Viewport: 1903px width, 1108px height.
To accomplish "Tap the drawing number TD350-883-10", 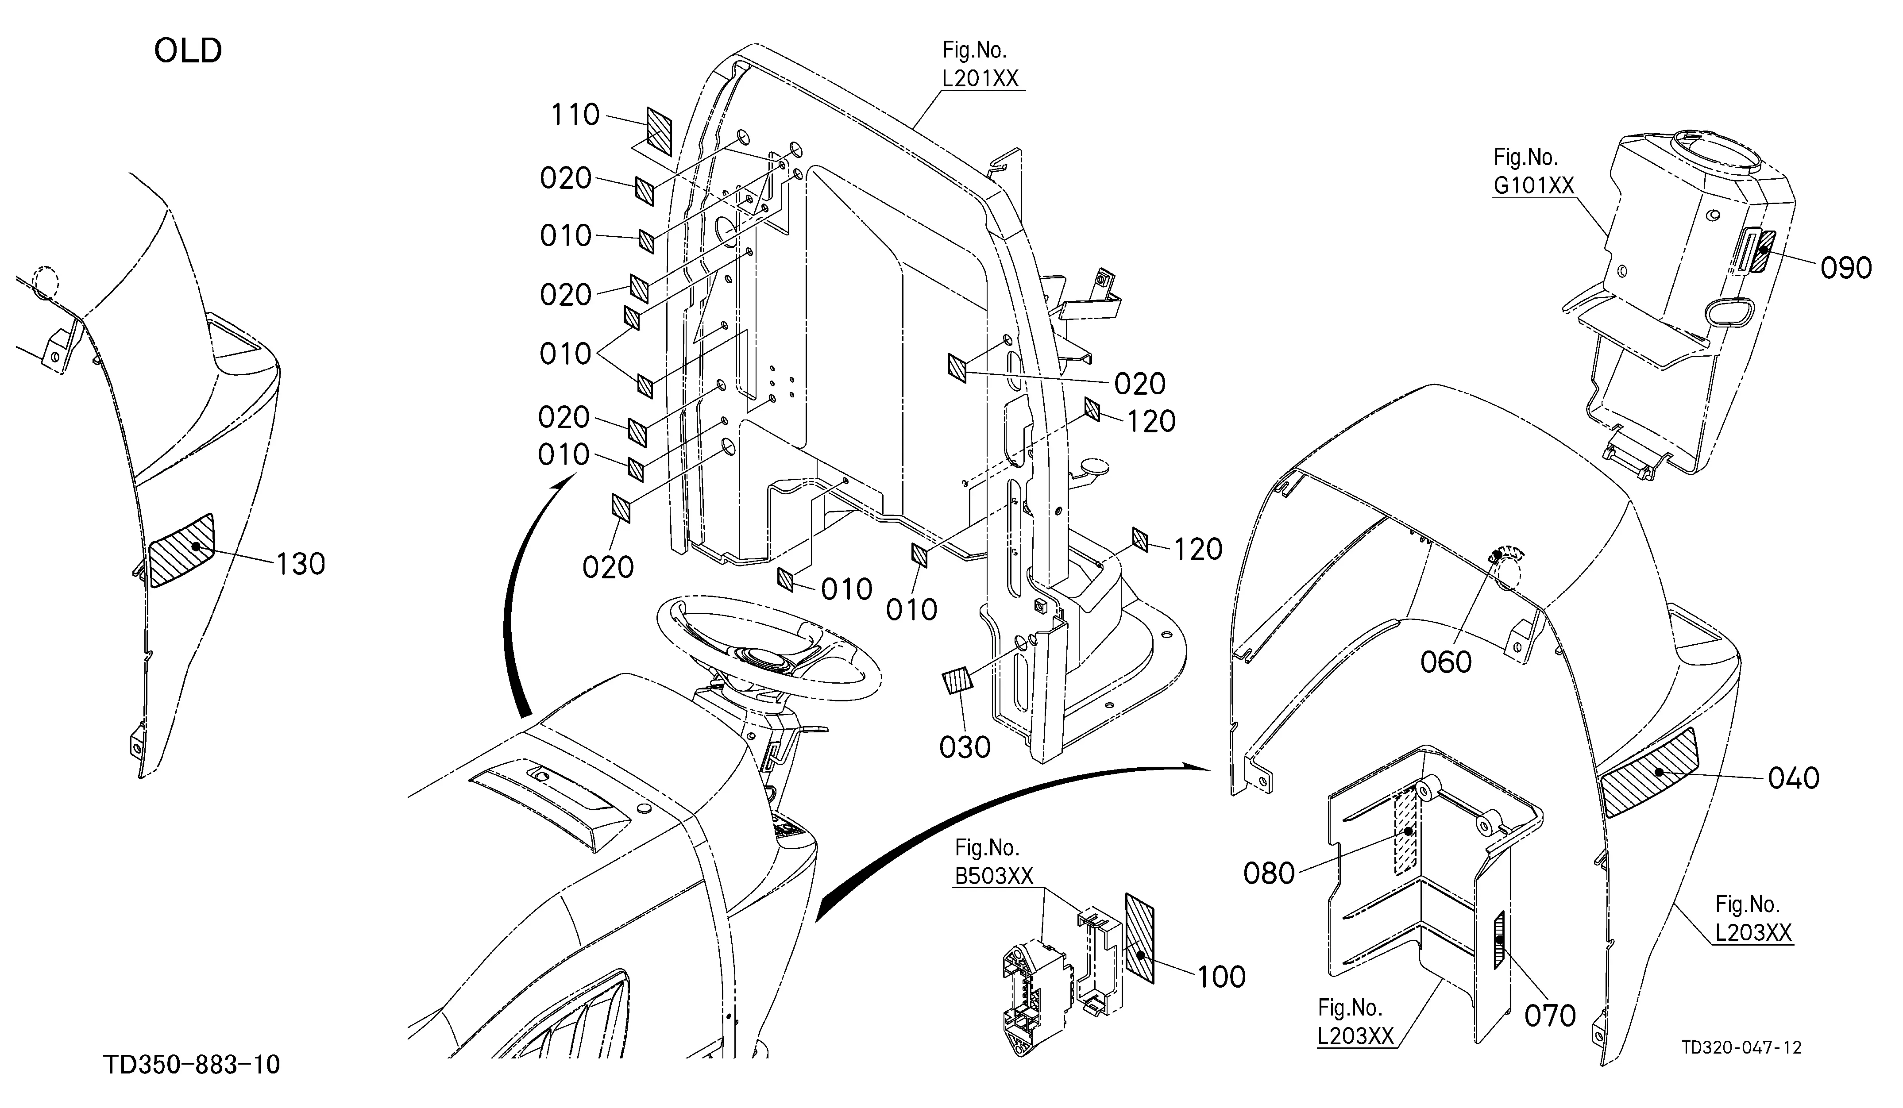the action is [x=192, y=1064].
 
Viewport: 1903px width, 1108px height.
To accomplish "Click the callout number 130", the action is [x=301, y=564].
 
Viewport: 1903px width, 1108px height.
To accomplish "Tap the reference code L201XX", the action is [x=980, y=78].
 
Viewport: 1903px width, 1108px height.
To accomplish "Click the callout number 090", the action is [x=1845, y=268].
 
